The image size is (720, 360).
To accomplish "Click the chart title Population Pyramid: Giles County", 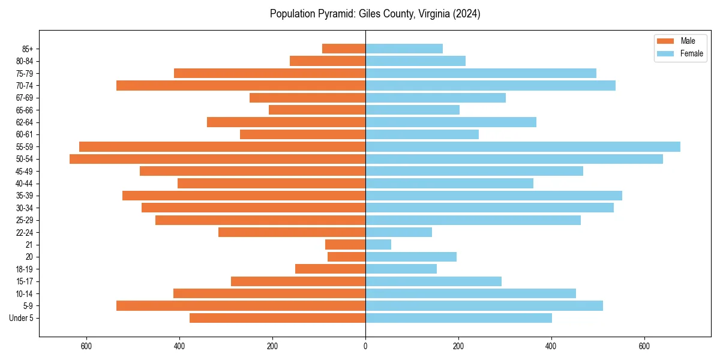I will pyautogui.click(x=375, y=14).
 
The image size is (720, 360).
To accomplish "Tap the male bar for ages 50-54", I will pyautogui.click(x=217, y=159).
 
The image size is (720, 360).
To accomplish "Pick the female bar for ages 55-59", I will pyautogui.click(x=523, y=146).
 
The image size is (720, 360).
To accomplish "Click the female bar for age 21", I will pyautogui.click(x=378, y=244).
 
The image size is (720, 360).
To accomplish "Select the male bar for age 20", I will pyautogui.click(x=346, y=257).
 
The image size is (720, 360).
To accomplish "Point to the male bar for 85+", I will pyautogui.click(x=344, y=49).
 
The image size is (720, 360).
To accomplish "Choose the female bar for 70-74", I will pyautogui.click(x=490, y=85).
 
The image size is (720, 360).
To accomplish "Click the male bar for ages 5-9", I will pyautogui.click(x=241, y=305).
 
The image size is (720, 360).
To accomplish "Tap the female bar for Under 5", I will pyautogui.click(x=458, y=318).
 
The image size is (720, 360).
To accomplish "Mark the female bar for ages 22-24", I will pyautogui.click(x=398, y=232).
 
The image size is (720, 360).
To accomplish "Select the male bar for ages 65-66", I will pyautogui.click(x=317, y=110).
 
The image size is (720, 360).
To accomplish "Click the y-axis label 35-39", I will pyautogui.click(x=25, y=196).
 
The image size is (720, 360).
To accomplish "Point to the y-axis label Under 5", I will pyautogui.click(x=22, y=318).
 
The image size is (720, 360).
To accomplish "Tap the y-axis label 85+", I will pyautogui.click(x=27, y=49).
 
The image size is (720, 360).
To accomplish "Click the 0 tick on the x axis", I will pyautogui.click(x=365, y=346).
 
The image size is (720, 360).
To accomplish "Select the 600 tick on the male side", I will pyautogui.click(x=86, y=346).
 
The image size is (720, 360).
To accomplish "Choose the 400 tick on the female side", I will pyautogui.click(x=551, y=346).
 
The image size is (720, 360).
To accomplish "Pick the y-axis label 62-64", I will pyautogui.click(x=25, y=122).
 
